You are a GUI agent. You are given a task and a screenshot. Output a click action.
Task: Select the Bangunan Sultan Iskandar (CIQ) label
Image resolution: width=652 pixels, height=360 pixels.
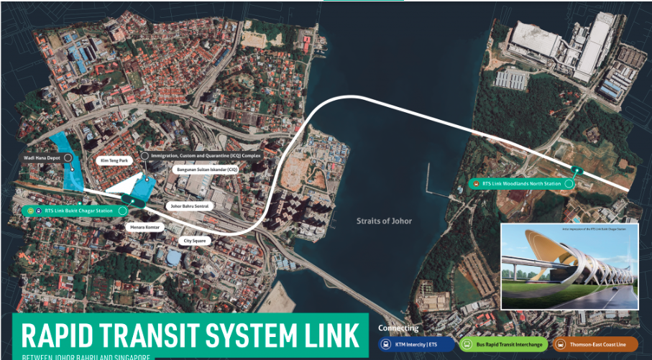pos(204,170)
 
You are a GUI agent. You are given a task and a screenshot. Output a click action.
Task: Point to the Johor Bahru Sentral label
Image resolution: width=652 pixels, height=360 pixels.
pos(189,206)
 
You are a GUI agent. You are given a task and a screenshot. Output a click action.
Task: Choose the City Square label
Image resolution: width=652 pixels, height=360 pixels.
pos(195,241)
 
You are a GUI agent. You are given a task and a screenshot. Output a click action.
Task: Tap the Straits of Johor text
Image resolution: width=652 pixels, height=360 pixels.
pos(384,221)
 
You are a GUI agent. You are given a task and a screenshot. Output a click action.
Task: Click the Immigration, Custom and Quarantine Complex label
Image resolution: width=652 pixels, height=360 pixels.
pos(206,155)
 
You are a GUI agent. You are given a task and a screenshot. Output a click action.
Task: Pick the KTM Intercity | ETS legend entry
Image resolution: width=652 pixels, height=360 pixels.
pos(418,344)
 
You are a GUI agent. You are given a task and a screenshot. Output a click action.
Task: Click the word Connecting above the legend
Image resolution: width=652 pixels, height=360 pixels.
pos(398,328)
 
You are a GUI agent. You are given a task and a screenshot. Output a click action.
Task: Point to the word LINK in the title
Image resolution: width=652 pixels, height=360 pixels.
pos(328,335)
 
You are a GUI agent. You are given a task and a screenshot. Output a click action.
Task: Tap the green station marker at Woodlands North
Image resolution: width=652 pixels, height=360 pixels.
pos(575,170)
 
